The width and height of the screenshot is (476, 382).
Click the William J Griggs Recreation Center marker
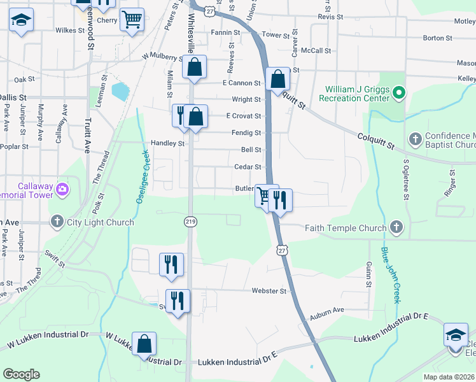399,94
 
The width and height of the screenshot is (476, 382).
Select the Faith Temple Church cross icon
396,227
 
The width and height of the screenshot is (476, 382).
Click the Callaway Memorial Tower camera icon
62,189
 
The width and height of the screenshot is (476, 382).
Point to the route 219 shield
190,222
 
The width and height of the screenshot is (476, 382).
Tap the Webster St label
269,291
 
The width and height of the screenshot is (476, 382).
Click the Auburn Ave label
327,310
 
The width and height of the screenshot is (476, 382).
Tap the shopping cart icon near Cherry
132,19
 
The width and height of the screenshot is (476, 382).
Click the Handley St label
167,143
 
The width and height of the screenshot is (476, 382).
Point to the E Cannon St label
242,83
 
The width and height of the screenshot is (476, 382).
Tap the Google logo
21,374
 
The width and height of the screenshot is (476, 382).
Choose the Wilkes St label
70,30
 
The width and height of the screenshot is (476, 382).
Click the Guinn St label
368,274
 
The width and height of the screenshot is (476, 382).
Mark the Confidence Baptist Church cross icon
415,139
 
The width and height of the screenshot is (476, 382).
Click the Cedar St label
248,167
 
